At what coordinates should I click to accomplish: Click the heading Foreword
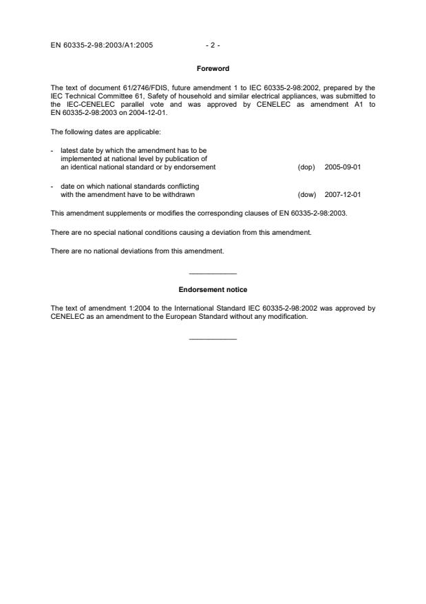(x=213, y=69)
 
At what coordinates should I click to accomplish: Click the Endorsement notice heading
(x=213, y=289)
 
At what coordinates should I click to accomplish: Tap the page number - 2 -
(x=213, y=45)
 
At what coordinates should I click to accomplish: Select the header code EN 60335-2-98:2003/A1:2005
(x=102, y=45)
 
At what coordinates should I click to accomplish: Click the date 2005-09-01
(x=343, y=167)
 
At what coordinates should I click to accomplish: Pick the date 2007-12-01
(x=343, y=194)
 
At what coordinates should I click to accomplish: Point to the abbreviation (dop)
(x=306, y=167)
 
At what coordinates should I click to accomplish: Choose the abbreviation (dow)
(x=306, y=194)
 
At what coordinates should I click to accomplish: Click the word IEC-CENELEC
(x=87, y=104)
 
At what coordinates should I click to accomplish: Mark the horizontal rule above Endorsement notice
(x=213, y=274)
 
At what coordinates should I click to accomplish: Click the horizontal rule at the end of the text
(x=213, y=338)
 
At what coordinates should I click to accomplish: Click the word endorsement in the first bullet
(x=195, y=167)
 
